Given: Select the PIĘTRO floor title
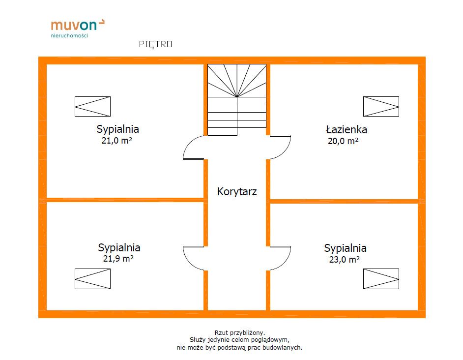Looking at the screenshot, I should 155,44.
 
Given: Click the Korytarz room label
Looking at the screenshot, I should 237,192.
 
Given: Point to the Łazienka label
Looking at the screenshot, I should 346,130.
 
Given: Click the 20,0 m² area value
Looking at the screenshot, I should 343,141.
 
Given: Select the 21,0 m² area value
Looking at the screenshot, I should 117,141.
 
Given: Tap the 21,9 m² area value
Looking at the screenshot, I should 119,258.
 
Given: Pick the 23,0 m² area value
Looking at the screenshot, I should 344,259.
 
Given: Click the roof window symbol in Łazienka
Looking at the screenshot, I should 381,106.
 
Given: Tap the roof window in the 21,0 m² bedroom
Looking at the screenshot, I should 92,106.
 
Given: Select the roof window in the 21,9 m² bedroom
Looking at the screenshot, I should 92,279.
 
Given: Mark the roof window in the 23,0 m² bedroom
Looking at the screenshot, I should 381,279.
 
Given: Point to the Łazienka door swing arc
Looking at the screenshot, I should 281,147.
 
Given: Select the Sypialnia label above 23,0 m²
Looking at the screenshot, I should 345,248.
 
